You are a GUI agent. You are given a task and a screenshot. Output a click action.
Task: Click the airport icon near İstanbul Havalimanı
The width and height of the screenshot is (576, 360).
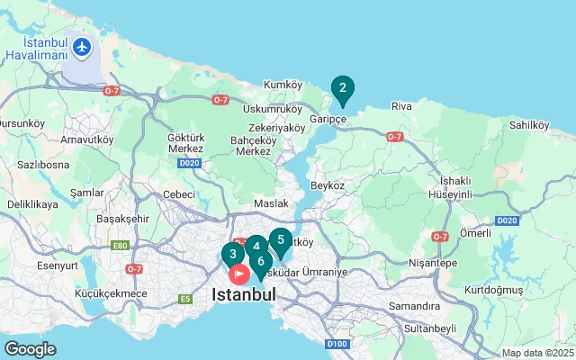click(x=84, y=46)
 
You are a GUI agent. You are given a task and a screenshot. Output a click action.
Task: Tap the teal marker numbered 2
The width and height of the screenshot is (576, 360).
click(x=342, y=88)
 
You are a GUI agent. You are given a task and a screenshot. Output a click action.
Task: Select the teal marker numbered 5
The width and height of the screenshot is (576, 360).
click(x=281, y=240)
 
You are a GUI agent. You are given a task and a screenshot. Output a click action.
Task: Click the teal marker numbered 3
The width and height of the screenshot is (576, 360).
click(x=233, y=254)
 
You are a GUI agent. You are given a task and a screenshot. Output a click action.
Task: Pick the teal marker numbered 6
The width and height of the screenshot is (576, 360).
click(x=260, y=263)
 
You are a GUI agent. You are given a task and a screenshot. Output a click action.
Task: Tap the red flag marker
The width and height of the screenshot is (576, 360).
click(x=239, y=273)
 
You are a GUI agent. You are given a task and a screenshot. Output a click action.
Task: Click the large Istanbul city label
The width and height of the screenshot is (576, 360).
click(x=244, y=294)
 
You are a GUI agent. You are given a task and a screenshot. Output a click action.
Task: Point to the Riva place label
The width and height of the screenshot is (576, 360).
click(x=401, y=106)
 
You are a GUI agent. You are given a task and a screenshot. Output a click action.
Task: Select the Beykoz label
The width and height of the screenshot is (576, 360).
click(x=327, y=184)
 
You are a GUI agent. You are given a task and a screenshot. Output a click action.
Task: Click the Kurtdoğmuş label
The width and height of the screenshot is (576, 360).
click(x=493, y=290)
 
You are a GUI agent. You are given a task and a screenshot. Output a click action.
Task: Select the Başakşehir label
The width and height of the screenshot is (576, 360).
click(x=122, y=219)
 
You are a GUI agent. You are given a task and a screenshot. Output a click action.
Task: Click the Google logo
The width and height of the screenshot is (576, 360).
click(x=30, y=349)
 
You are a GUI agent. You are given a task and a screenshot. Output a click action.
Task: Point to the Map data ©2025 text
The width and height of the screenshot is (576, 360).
click(x=537, y=353)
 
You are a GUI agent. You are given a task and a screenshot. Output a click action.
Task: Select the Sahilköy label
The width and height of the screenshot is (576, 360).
click(x=529, y=125)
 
